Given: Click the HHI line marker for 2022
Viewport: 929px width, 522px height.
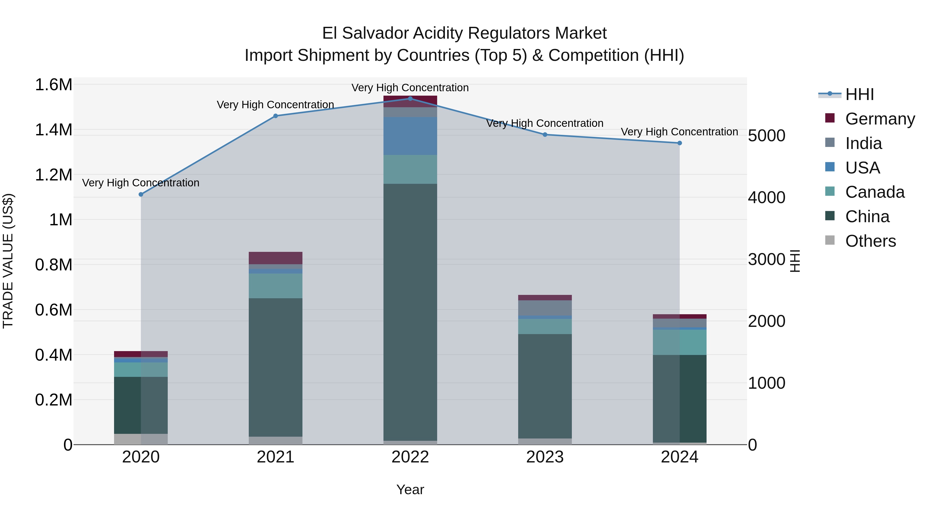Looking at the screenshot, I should coord(410,98).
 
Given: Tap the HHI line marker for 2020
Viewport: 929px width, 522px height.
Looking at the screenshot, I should coord(141,195).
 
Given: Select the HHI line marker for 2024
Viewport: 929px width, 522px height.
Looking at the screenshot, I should coord(679,143).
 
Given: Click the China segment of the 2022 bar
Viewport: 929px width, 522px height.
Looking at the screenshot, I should coord(410,312).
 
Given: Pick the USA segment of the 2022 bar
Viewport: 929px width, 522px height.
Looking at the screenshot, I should coord(410,136).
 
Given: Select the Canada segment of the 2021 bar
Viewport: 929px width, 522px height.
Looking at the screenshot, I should coord(276,286).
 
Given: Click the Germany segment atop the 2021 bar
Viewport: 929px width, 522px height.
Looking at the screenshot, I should coord(276,258).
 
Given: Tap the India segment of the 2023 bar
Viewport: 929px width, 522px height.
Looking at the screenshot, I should coord(545,308).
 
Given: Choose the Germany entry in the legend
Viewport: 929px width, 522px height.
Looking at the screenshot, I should coord(880,119).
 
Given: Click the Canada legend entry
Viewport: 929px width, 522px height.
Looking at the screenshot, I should coord(875,192).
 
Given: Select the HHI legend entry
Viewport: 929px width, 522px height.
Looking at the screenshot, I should coord(859,94).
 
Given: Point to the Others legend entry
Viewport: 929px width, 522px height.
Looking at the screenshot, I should coord(870,241).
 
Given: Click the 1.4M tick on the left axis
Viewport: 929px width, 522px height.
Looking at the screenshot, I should coord(53,130).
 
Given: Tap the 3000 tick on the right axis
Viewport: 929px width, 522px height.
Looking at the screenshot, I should coord(766,259).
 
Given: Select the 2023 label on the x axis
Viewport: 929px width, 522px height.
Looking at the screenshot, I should coord(545,457).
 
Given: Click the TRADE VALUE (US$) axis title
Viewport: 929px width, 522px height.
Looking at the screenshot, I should coord(8,261).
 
